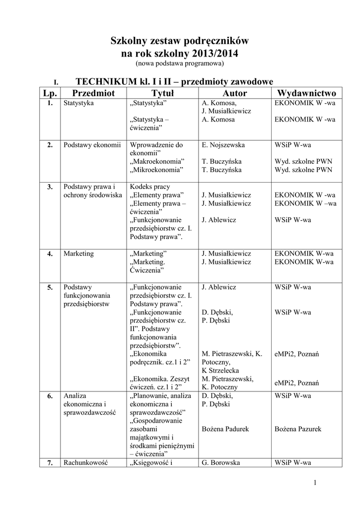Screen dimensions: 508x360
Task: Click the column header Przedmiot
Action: click(93, 93)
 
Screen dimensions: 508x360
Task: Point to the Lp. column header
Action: click(50, 93)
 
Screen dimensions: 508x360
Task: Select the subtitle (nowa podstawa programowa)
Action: click(180, 64)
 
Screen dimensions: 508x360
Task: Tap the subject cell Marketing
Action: click(78, 254)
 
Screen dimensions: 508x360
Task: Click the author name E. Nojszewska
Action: click(223, 145)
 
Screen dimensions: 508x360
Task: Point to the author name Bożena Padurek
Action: click(225, 429)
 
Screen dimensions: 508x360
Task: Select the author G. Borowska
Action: click(221, 463)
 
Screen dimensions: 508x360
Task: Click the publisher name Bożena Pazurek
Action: click(298, 429)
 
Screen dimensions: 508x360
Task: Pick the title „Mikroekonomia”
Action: click(156, 170)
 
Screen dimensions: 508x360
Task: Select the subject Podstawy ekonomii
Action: click(92, 145)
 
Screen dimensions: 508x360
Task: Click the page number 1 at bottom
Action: click(315, 483)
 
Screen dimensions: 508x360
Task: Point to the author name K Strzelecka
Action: click(220, 371)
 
